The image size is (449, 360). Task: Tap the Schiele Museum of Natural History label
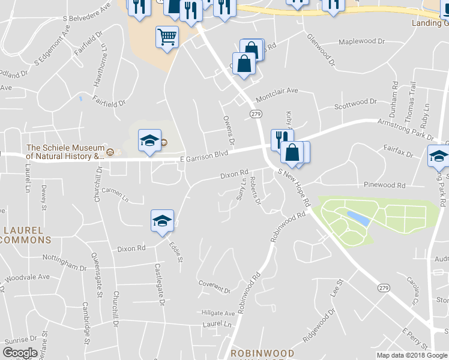click(65, 152)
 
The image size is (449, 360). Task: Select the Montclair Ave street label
click(277, 91)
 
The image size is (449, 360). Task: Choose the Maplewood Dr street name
click(361, 42)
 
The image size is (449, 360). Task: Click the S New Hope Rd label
click(294, 188)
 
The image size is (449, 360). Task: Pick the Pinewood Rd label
click(384, 185)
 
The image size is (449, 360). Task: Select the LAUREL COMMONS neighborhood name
click(27, 235)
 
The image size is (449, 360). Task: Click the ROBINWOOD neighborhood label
click(263, 353)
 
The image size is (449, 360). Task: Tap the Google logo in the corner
click(20, 353)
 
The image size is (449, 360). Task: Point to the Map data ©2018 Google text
click(412, 355)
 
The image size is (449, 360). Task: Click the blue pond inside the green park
click(358, 218)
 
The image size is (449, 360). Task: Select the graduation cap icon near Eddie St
click(161, 220)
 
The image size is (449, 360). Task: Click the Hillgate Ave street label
click(218, 313)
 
